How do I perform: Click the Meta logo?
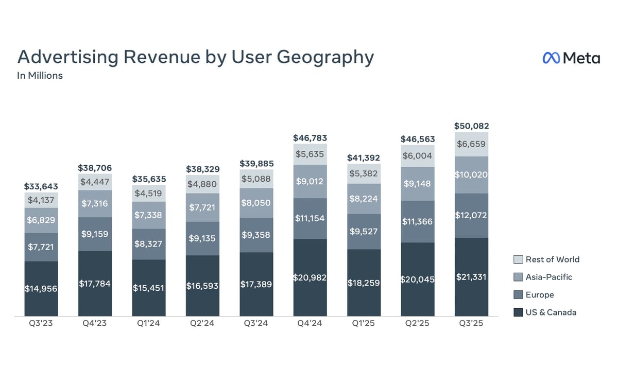click(x=571, y=58)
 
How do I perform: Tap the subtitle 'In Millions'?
click(x=40, y=76)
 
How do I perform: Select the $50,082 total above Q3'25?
click(x=471, y=126)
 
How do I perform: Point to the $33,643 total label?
click(x=42, y=186)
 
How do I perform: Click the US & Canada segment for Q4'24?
click(x=310, y=277)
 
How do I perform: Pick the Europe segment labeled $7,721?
click(x=42, y=247)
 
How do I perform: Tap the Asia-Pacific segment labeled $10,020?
click(x=471, y=175)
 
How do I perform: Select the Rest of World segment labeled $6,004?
click(x=417, y=156)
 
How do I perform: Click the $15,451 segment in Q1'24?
click(x=149, y=288)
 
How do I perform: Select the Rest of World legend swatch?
click(x=518, y=259)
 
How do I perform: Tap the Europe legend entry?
click(x=539, y=295)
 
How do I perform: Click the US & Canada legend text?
click(x=551, y=312)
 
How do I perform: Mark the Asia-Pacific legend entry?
click(x=548, y=277)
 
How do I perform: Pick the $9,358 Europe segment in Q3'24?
click(x=256, y=235)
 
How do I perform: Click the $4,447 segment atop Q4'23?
click(x=95, y=181)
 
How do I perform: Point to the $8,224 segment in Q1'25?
click(x=364, y=199)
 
